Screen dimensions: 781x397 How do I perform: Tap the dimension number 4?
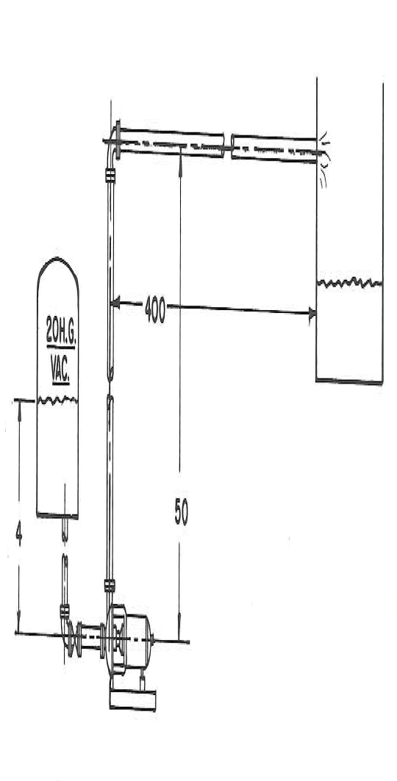[18, 534]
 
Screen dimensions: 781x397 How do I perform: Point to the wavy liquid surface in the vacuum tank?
[57, 400]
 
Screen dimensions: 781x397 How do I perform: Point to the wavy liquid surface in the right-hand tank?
[348, 282]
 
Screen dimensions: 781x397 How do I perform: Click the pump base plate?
[132, 699]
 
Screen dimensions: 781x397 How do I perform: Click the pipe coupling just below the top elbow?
[110, 175]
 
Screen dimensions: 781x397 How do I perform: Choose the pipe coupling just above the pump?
[110, 586]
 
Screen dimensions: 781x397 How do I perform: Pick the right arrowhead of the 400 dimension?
[312, 313]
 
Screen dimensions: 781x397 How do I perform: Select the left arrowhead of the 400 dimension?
[115, 301]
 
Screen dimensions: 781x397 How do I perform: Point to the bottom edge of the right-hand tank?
[348, 381]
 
